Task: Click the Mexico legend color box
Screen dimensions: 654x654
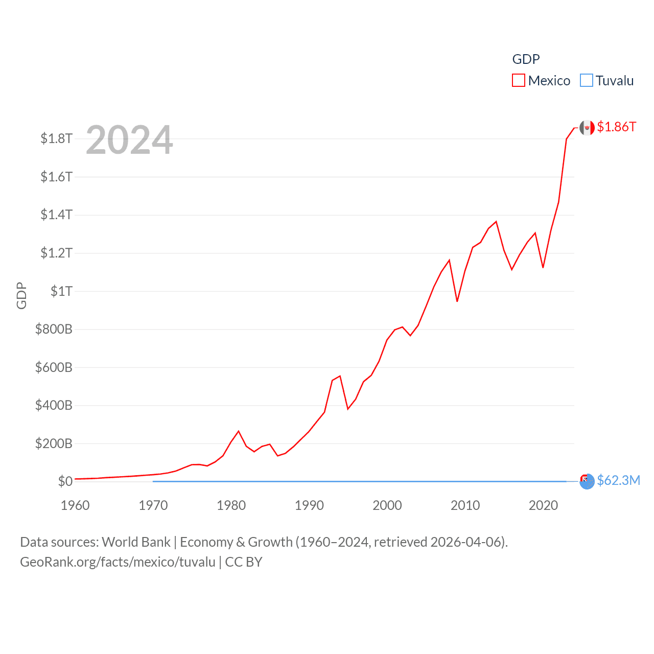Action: (519, 81)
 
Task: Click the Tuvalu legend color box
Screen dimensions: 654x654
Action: (587, 81)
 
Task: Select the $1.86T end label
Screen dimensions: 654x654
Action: (617, 127)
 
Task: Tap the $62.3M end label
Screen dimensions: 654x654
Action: (619, 481)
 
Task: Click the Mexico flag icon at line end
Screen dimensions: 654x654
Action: (587, 127)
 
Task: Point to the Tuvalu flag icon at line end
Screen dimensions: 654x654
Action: (588, 481)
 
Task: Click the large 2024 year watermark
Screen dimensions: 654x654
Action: (129, 140)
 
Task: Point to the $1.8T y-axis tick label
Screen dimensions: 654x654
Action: (56, 138)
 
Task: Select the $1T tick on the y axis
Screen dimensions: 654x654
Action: (61, 291)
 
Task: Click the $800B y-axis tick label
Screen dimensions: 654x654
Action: (54, 329)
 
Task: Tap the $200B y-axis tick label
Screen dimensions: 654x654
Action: (54, 443)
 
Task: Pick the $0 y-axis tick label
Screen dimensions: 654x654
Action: (65, 481)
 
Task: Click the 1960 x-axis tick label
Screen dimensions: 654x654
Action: (75, 506)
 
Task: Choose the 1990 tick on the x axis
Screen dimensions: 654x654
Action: (309, 506)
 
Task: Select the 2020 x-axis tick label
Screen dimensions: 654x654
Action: (543, 506)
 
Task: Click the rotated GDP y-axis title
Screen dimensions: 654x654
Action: (21, 295)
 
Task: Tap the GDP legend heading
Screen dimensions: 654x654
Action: (526, 59)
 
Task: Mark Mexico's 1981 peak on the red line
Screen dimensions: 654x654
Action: (239, 431)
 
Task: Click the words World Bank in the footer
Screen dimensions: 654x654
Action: (136, 542)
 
